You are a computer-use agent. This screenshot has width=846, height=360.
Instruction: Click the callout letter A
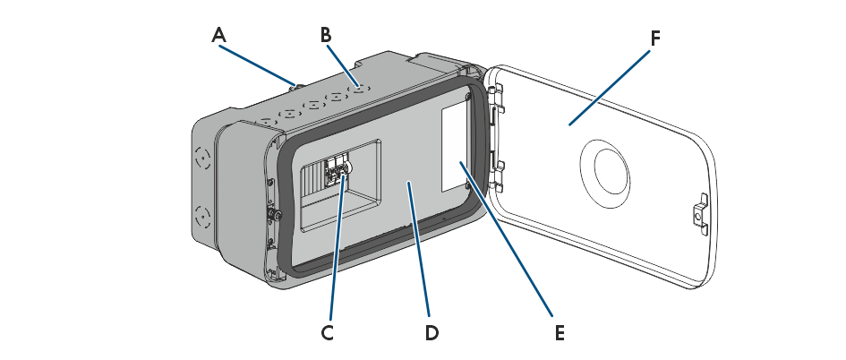click(219, 35)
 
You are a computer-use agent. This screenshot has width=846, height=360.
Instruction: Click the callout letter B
click(327, 35)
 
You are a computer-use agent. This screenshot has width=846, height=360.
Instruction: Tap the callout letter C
click(327, 332)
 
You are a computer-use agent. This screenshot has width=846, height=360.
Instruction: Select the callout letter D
click(432, 332)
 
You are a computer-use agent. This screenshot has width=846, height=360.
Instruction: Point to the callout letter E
click(560, 332)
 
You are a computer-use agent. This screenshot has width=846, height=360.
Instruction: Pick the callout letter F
click(655, 39)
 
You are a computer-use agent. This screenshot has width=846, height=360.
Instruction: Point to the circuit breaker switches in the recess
click(338, 169)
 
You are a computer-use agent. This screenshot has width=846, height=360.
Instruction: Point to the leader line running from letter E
click(510, 242)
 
